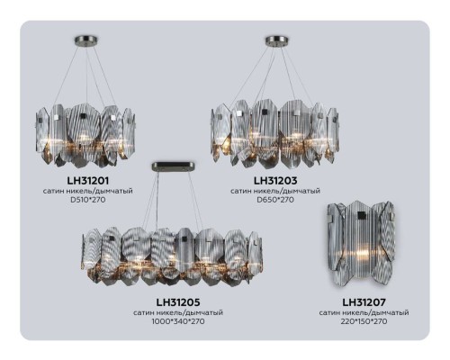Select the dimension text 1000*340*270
(178, 321)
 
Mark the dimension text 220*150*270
(364, 321)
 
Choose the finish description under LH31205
(178, 312)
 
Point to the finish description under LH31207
(364, 312)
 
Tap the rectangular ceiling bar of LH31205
(172, 164)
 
